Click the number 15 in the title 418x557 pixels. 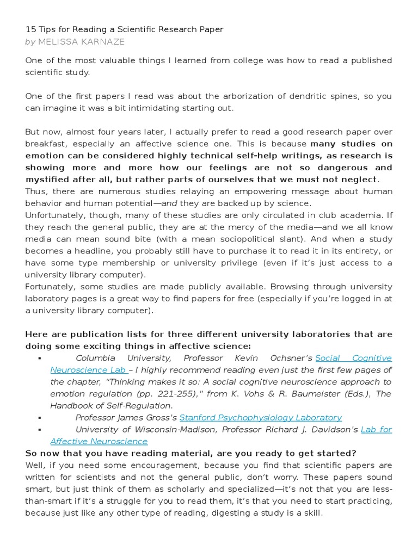coord(30,29)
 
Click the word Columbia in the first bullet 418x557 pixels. coord(96,358)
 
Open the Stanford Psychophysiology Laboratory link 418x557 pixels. coord(261,418)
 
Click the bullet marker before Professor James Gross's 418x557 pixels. coord(40,418)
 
